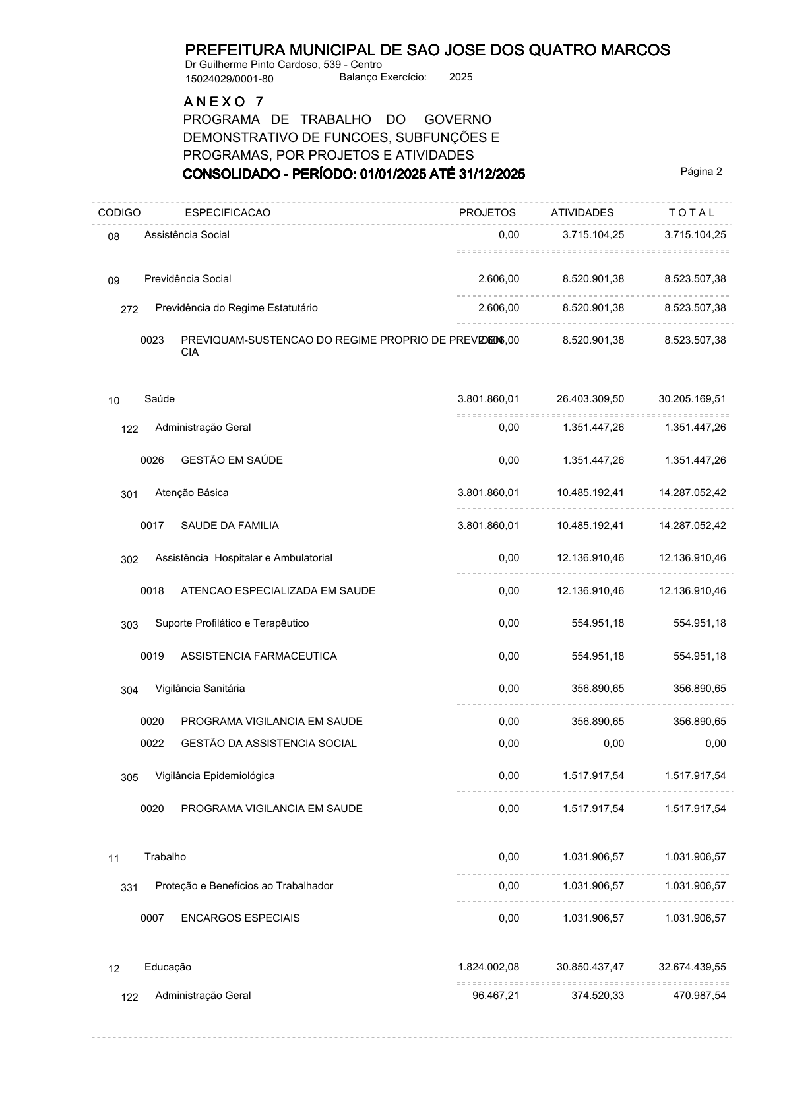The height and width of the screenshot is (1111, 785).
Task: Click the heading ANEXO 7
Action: coord(224,102)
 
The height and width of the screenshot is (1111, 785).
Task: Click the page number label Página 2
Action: coord(701,172)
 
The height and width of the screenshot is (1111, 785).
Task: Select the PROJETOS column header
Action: coord(487,212)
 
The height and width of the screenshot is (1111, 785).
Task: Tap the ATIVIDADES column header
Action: coord(582,212)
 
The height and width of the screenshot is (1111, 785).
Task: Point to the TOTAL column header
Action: coord(691,212)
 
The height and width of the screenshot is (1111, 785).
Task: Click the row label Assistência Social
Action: coord(187,235)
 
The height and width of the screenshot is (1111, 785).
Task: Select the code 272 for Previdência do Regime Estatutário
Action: coord(129,309)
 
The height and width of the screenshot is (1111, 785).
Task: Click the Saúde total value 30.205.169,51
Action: coord(692,399)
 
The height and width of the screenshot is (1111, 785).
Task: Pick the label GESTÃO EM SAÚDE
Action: coord(232,460)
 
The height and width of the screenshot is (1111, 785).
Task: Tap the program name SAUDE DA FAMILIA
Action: coord(230,526)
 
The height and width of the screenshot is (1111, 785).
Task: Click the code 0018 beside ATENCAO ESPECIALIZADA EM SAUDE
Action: coord(152,591)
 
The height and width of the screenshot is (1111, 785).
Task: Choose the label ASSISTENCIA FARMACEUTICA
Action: coord(259,656)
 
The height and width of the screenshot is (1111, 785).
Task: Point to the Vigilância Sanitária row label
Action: coord(200,689)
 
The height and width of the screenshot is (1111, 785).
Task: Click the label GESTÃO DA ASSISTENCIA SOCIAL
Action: coord(268,744)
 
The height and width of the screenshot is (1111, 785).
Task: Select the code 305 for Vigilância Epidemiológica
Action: coord(129,777)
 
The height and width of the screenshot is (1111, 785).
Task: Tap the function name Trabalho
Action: coord(165,857)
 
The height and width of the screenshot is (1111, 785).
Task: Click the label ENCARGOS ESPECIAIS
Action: coord(240,918)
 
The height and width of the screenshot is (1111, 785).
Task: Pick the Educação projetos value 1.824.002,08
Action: coord(488,967)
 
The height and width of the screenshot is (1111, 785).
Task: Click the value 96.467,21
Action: coord(495,996)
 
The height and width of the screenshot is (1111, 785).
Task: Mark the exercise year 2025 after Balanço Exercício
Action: coord(460,77)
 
